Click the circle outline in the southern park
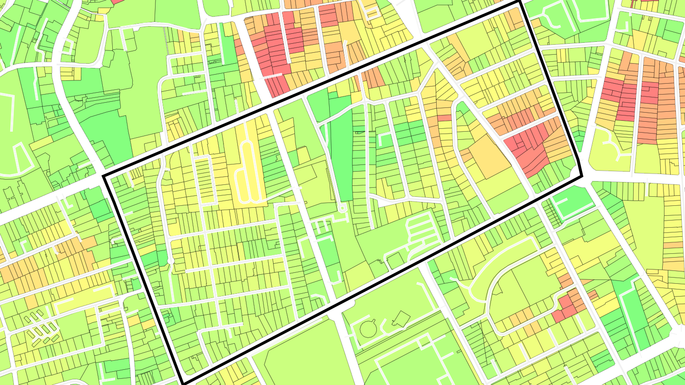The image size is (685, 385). (x=367, y=328)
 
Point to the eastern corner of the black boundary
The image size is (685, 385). (x=582, y=177)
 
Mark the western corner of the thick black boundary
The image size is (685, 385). (x=104, y=176)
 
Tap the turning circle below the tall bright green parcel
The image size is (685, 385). (x=341, y=208)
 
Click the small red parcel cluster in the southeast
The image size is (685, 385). (x=568, y=307)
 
